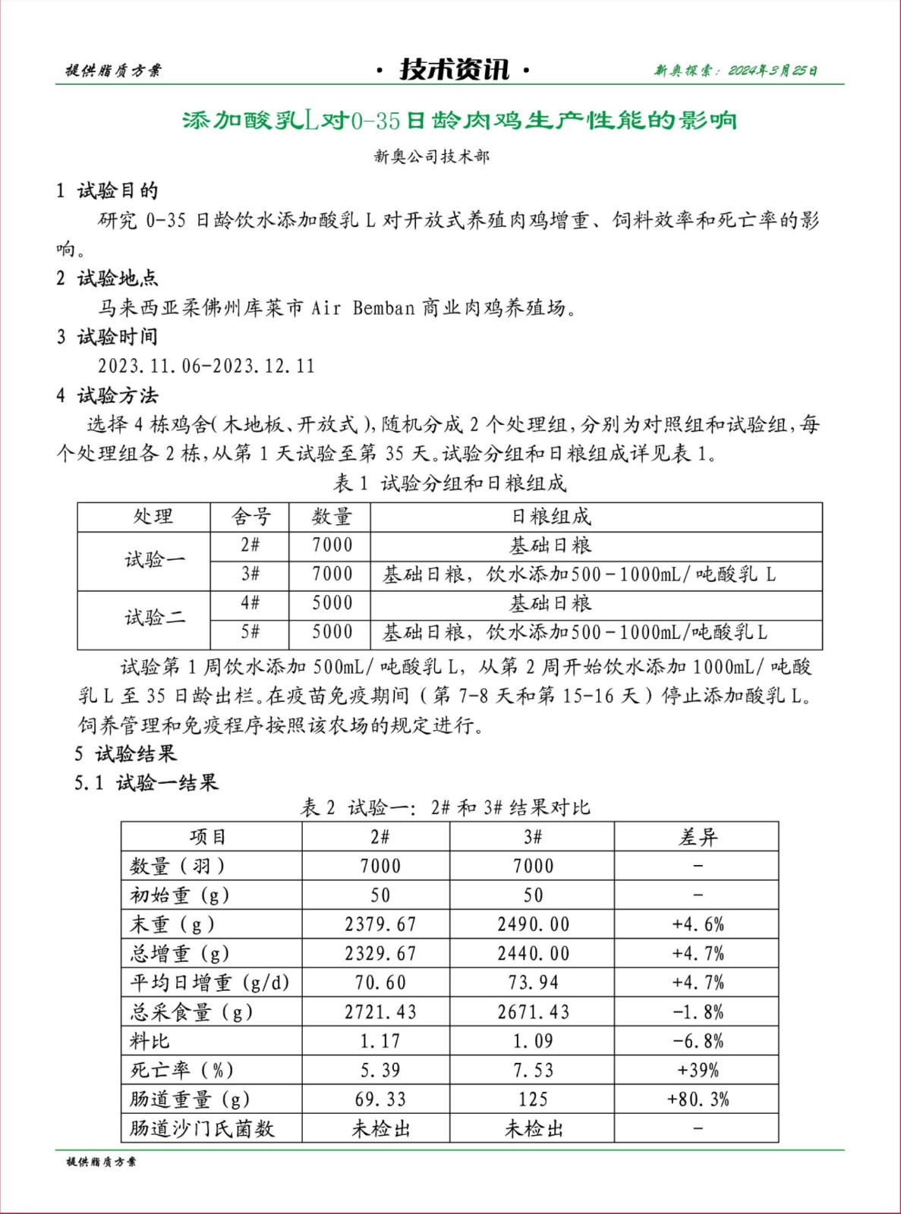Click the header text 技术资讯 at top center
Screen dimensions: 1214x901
(453, 70)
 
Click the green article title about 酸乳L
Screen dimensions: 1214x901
(459, 120)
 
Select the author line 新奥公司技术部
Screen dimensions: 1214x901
(431, 156)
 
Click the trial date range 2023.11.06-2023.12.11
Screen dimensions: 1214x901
(206, 366)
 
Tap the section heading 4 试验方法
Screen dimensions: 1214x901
(107, 395)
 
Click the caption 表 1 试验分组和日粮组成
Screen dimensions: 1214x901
(449, 483)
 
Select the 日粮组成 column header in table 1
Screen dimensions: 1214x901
(550, 517)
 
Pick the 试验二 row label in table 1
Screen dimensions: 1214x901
(155, 618)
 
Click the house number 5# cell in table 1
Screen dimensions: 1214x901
(250, 632)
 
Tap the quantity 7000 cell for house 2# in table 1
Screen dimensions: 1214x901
(332, 545)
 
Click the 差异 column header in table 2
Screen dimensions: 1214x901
(697, 837)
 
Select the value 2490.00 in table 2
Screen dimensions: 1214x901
(533, 924)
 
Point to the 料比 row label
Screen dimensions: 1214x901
(150, 1041)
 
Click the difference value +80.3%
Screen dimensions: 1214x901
(697, 1099)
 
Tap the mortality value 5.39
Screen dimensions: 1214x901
(380, 1070)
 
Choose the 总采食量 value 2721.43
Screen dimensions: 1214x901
(380, 1011)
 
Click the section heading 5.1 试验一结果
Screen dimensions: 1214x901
(146, 782)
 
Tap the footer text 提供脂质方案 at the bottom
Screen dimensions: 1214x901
(101, 1162)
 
